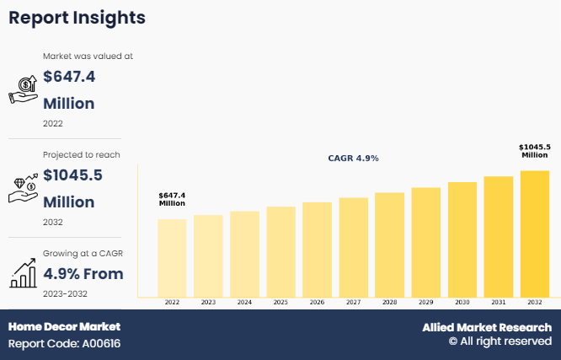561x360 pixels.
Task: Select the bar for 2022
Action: point(172,257)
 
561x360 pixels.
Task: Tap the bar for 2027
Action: point(353,246)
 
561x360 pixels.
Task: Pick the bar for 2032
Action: point(535,234)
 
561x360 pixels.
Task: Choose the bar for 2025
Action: point(280,251)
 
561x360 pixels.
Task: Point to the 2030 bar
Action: point(462,239)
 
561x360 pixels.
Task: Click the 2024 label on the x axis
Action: point(244,302)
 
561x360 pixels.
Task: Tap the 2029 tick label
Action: point(425,302)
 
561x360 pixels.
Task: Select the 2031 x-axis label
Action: point(499,302)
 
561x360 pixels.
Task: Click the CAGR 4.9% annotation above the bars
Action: point(353,158)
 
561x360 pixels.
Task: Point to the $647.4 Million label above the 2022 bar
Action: point(172,199)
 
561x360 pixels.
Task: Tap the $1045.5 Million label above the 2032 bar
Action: point(535,151)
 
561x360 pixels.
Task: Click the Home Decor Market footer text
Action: point(64,326)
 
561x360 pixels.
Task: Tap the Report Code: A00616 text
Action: point(64,344)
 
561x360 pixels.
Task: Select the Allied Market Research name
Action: point(487,327)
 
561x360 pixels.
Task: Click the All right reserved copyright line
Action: point(500,341)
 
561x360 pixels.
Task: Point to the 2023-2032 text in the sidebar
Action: point(65,293)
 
